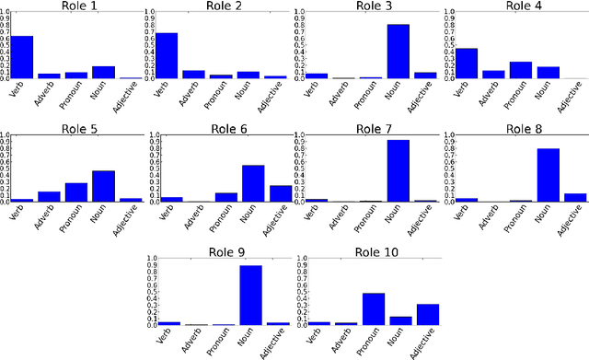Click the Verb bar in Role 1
22,57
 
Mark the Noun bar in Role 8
547,175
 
